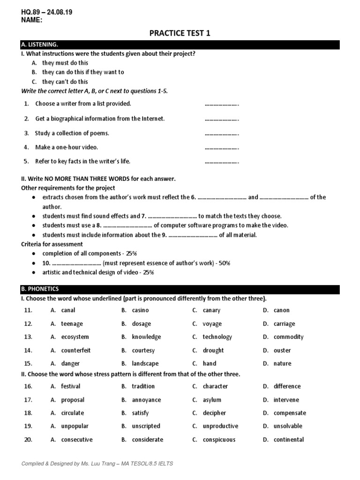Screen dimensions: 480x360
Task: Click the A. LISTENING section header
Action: (x=39, y=45)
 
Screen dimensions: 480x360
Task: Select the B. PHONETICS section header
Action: (x=40, y=289)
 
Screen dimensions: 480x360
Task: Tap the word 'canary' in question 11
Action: (x=211, y=310)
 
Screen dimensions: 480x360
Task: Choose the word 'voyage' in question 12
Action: (x=212, y=324)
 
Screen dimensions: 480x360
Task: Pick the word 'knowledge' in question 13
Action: (x=146, y=337)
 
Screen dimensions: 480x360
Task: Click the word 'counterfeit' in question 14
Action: (x=76, y=351)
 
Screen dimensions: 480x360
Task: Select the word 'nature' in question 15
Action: (x=283, y=364)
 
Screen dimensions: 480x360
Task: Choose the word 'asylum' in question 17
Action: (x=212, y=400)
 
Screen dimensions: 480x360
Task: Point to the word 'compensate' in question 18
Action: (x=290, y=413)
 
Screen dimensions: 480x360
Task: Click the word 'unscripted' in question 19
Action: (x=146, y=427)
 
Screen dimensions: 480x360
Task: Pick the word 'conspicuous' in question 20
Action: (x=219, y=440)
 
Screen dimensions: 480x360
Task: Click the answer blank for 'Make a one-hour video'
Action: (x=222, y=148)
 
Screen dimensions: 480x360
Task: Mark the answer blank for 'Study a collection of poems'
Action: (x=222, y=134)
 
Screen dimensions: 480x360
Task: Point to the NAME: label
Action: (x=32, y=20)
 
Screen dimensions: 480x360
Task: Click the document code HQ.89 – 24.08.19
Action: (x=47, y=12)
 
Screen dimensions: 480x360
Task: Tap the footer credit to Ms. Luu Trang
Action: (x=97, y=464)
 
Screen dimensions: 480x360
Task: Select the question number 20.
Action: (x=28, y=440)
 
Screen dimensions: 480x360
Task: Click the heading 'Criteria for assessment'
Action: (x=52, y=244)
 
